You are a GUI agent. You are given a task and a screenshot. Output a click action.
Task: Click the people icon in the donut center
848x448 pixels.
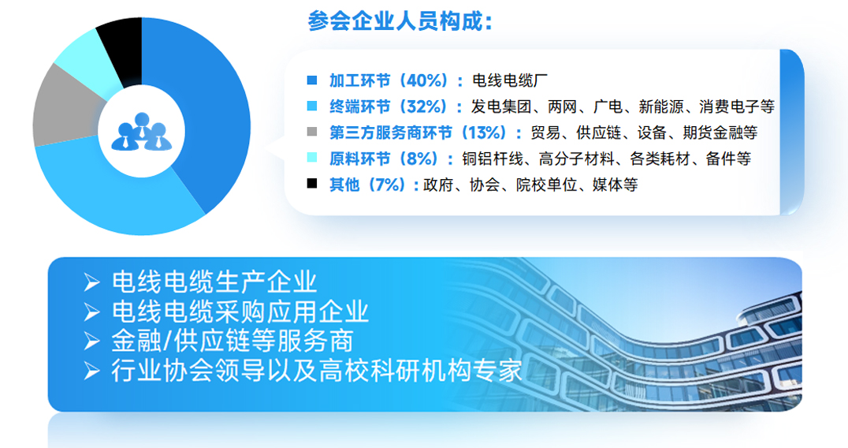click(142, 132)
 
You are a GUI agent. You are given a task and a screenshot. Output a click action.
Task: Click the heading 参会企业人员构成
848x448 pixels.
click(400, 21)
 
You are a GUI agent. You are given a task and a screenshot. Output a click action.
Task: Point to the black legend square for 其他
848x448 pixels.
click(312, 184)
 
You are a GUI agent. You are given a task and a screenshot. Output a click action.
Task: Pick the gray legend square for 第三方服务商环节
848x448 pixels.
click(312, 132)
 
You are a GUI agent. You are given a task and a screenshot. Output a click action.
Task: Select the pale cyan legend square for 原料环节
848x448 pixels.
click(312, 158)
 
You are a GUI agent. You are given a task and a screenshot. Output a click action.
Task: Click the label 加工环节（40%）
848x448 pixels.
click(389, 80)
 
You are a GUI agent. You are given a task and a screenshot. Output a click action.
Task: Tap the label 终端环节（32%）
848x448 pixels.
click(389, 106)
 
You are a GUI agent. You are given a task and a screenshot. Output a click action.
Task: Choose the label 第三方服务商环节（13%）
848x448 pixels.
click(420, 133)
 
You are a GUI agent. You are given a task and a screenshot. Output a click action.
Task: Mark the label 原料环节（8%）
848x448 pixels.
click(384, 159)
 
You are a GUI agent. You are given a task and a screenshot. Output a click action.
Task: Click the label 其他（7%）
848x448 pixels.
click(368, 185)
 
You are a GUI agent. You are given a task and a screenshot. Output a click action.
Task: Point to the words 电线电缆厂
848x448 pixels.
click(510, 80)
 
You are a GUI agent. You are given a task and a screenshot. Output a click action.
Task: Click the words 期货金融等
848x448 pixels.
click(720, 133)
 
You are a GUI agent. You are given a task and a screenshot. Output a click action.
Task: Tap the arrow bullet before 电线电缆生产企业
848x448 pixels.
click(92, 282)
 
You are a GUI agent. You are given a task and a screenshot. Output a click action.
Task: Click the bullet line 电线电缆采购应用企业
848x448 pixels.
click(240, 312)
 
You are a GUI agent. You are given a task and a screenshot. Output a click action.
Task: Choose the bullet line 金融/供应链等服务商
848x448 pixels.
click(232, 341)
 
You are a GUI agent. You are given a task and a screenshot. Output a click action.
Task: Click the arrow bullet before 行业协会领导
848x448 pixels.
click(92, 371)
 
